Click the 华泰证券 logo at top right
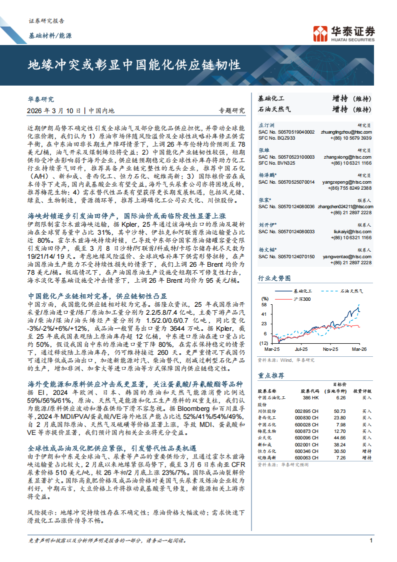[343, 33]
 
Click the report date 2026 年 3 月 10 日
[57, 111]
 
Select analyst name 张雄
[263, 150]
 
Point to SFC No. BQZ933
[277, 138]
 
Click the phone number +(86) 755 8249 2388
[349, 188]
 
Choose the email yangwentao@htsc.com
[347, 256]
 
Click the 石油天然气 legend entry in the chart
[351, 291]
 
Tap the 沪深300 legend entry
[301, 299]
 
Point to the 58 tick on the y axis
[263, 304]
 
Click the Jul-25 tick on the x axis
[301, 348]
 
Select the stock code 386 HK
[310, 397]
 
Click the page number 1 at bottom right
[370, 540]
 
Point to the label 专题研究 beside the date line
[231, 111]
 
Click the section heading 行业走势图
[273, 278]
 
